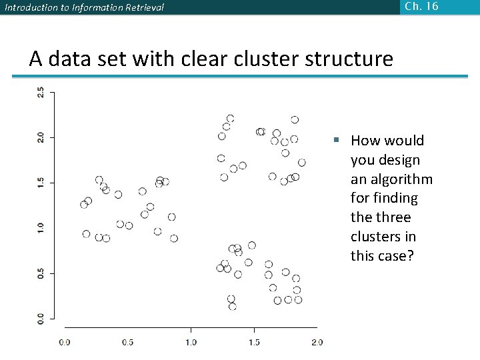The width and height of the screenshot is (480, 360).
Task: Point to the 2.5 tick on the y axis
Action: tap(41, 93)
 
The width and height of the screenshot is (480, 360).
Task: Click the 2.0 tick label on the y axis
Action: tap(41, 137)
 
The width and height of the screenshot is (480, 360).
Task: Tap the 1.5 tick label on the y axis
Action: tap(41, 182)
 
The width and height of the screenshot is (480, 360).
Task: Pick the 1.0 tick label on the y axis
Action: tap(41, 227)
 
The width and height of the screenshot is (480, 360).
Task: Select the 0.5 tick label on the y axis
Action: tap(41, 273)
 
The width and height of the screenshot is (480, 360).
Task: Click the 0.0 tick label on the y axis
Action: tap(41, 318)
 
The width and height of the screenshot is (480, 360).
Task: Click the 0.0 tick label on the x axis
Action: tap(65, 342)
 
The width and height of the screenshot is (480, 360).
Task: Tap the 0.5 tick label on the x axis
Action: tap(127, 342)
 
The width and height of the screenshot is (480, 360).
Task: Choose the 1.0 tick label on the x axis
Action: tap(191, 342)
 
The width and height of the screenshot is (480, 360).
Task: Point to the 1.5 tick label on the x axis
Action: tap(254, 342)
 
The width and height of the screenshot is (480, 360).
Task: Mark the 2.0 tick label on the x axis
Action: tap(317, 342)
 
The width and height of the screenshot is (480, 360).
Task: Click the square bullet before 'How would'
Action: tap(338, 140)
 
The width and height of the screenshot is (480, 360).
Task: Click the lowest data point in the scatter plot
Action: tap(233, 307)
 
